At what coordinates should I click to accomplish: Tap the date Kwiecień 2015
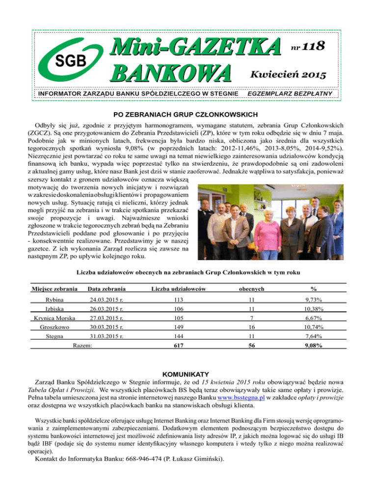290,75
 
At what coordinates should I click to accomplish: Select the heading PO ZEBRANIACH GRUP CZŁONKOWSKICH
188,114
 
